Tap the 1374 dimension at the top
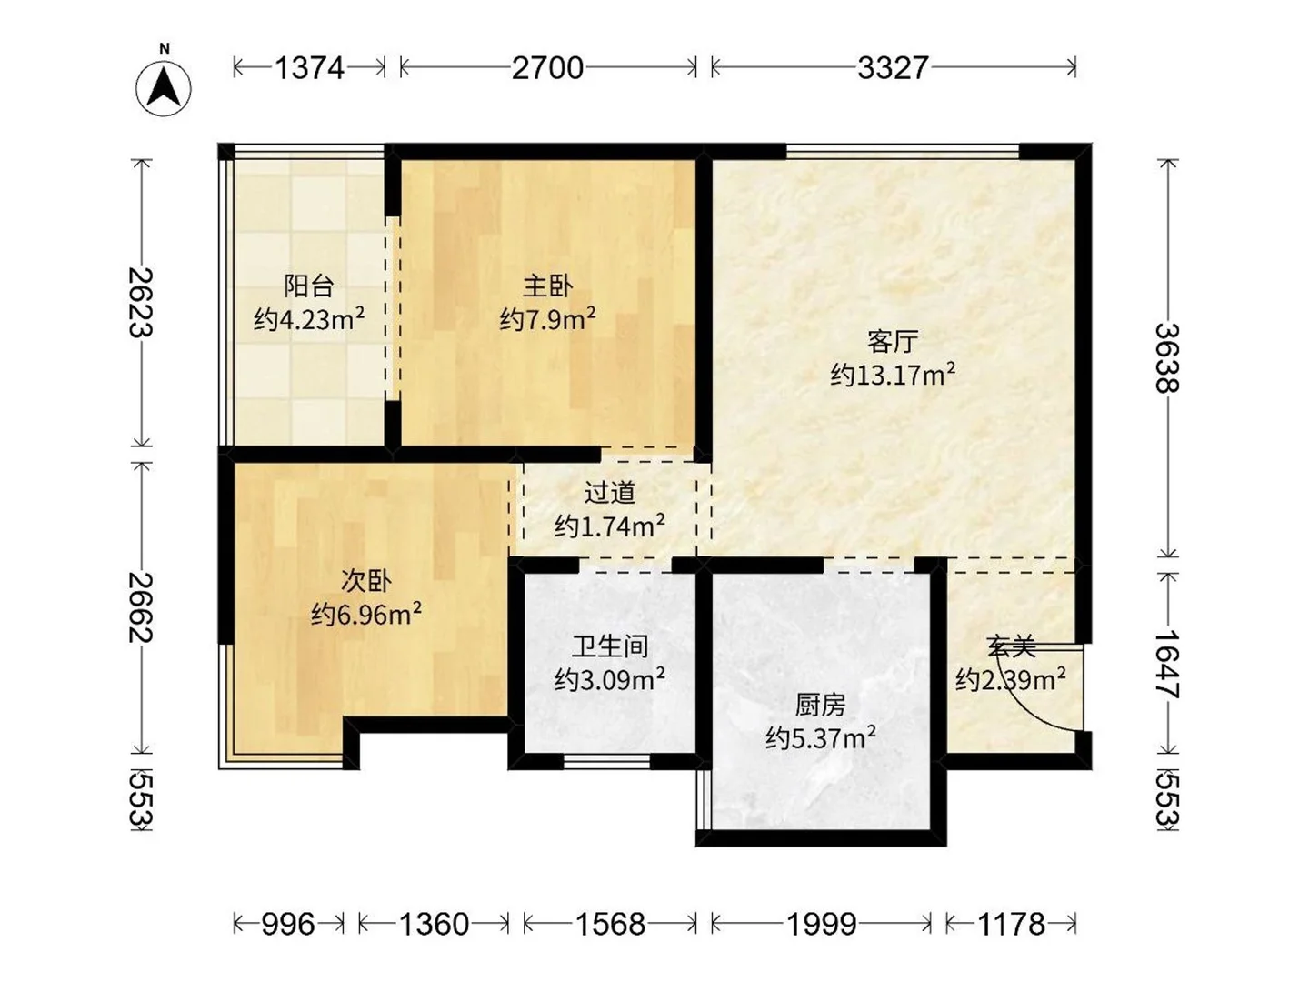tap(309, 68)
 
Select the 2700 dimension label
tap(547, 68)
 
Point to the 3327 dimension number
tap(893, 68)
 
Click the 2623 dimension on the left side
tap(141, 302)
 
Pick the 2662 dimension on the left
tap(141, 607)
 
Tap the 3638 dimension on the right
tap(1168, 357)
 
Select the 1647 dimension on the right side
tap(1168, 664)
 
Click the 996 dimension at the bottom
tap(288, 924)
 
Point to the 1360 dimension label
tap(434, 924)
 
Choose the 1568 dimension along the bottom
tap(610, 924)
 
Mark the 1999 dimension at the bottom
tap(821, 924)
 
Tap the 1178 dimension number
tap(1011, 924)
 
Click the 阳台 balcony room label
tap(308, 286)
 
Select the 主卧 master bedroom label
tap(547, 286)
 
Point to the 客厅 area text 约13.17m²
tap(893, 375)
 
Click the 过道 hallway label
tap(609, 493)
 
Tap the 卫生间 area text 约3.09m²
tap(609, 679)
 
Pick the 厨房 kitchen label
tap(821, 706)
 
